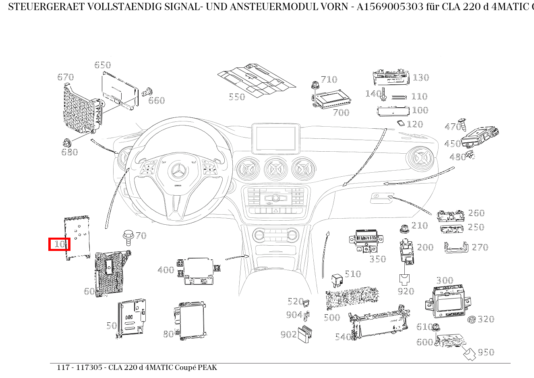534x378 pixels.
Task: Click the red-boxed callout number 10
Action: (x=59, y=244)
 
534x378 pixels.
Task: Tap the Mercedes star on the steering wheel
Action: (x=177, y=172)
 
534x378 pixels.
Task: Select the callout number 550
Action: (x=237, y=97)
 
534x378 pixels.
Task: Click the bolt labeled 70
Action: (x=128, y=237)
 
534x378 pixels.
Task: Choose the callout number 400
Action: (x=166, y=270)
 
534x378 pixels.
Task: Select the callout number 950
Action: (x=486, y=352)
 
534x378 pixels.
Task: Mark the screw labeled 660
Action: (x=148, y=92)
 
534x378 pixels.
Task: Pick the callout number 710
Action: (x=329, y=79)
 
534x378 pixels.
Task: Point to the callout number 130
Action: (x=421, y=77)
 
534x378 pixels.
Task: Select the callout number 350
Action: (x=378, y=259)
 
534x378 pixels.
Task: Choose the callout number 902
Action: (x=288, y=334)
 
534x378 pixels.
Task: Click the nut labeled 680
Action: (x=67, y=142)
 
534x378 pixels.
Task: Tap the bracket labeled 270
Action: (x=457, y=247)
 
